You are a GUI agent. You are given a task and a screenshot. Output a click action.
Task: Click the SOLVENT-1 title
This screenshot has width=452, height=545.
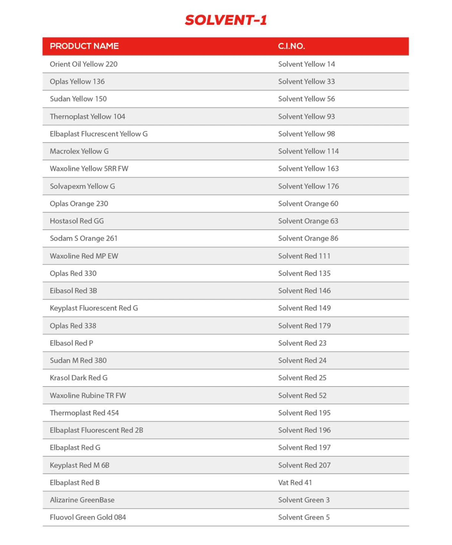pyautogui.click(x=226, y=20)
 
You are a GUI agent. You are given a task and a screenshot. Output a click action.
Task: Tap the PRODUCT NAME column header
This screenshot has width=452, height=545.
pyautogui.click(x=84, y=46)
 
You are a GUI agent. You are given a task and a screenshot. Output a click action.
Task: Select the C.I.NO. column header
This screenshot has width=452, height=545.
pyautogui.click(x=291, y=46)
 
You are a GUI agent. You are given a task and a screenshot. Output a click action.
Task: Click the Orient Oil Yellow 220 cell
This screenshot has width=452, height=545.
pyautogui.click(x=83, y=64)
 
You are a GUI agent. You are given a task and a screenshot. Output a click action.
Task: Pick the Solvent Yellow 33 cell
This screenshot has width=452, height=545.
pyautogui.click(x=306, y=81)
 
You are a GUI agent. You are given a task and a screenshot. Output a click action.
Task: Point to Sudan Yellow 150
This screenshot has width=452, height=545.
pyautogui.click(x=78, y=99)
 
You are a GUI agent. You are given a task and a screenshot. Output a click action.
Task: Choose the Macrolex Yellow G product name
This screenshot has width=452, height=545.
pyautogui.click(x=79, y=151)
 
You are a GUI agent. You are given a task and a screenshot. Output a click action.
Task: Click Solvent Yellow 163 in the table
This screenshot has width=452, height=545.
pyautogui.click(x=308, y=168)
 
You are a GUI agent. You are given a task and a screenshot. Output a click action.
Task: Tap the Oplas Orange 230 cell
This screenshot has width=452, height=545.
pyautogui.click(x=79, y=203)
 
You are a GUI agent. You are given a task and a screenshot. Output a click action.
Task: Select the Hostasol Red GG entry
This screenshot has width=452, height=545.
pyautogui.click(x=77, y=221)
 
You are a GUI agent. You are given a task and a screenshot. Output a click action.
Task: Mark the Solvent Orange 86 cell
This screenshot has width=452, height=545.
pyautogui.click(x=308, y=238)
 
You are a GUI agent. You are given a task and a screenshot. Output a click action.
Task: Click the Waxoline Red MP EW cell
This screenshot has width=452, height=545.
pyautogui.click(x=84, y=256)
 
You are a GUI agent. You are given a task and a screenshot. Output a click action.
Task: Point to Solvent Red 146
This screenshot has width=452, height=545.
pyautogui.click(x=304, y=290)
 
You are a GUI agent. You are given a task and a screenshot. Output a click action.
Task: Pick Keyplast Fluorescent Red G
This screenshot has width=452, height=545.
pyautogui.click(x=94, y=308)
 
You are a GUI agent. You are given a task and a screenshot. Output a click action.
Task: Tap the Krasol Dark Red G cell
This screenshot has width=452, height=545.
pyautogui.click(x=78, y=378)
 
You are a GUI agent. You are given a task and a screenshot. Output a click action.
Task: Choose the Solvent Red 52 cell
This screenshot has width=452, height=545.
pyautogui.click(x=302, y=395)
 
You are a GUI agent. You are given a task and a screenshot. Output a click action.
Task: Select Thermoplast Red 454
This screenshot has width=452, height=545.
pyautogui.click(x=84, y=413)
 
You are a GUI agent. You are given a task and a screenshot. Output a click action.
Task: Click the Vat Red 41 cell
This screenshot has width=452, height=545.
pyautogui.click(x=295, y=482)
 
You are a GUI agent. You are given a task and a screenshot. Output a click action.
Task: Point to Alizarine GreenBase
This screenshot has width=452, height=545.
pyautogui.click(x=82, y=500)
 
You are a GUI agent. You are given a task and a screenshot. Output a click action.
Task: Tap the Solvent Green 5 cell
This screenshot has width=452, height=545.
pyautogui.click(x=304, y=517)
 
